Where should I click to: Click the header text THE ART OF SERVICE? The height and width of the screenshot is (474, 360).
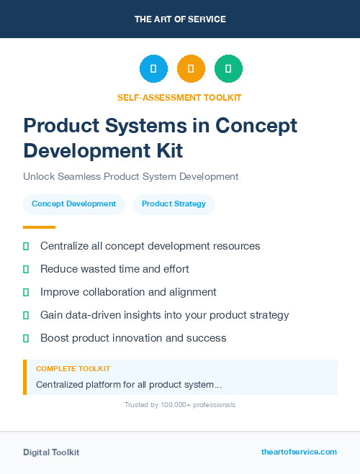[180, 19]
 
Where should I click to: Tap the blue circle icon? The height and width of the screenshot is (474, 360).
[153, 69]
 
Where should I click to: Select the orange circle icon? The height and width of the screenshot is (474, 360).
[191, 69]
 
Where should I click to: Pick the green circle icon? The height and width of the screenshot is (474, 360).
[228, 69]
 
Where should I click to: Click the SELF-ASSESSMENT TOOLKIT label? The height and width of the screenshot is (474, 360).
[180, 97]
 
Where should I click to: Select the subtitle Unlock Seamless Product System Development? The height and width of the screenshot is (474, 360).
[130, 176]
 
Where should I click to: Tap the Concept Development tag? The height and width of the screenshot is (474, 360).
[74, 204]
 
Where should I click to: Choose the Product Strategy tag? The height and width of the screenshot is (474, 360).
[174, 204]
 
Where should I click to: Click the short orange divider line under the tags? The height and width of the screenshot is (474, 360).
[39, 227]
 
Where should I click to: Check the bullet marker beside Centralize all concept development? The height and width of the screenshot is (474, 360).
[26, 246]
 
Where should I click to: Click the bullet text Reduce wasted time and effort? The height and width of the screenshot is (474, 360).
[114, 269]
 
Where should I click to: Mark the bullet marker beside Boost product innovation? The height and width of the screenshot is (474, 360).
[26, 338]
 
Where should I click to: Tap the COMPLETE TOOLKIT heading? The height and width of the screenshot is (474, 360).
[73, 369]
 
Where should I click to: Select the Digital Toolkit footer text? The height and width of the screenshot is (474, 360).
[51, 452]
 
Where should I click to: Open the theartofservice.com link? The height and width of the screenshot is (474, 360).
[299, 452]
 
